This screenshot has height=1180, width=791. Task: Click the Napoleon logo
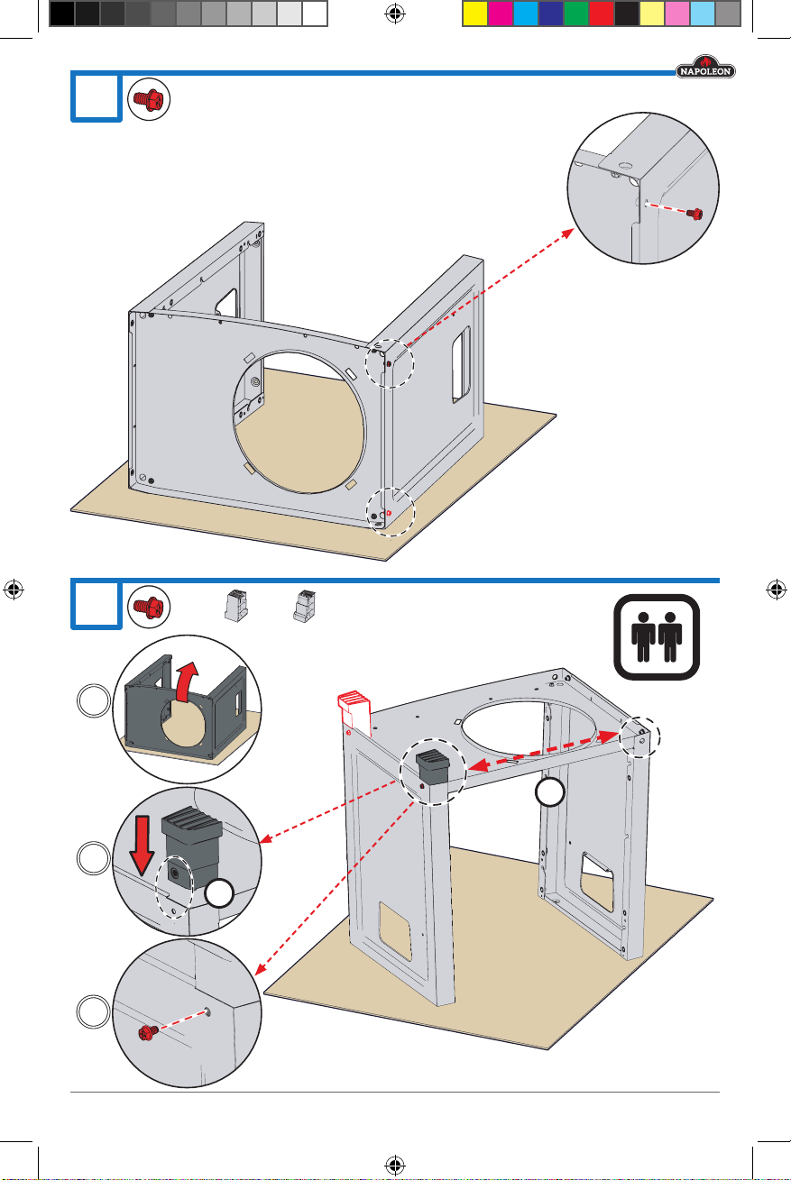(x=705, y=67)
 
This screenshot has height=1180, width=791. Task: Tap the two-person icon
(x=657, y=637)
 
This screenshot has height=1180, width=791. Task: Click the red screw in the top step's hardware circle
(x=148, y=99)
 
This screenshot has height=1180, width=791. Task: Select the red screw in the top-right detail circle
(x=695, y=214)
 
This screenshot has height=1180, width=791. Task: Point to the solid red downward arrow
(x=142, y=846)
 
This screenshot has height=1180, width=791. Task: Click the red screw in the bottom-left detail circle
(x=148, y=1032)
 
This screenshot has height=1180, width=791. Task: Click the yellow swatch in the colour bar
(x=474, y=14)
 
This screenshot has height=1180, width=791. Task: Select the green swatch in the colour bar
(x=576, y=14)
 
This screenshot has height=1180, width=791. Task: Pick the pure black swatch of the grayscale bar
(x=62, y=14)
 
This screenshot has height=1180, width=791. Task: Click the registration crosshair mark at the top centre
(x=395, y=14)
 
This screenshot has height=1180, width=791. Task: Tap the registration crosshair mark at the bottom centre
(x=395, y=1165)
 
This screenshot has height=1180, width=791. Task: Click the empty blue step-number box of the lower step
(x=97, y=604)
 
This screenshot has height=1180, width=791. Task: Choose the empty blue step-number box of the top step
(x=97, y=97)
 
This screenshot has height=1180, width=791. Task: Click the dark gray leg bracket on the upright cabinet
(x=433, y=766)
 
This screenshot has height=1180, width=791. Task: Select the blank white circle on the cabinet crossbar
(x=549, y=791)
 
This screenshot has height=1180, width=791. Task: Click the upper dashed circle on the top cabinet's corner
(x=390, y=363)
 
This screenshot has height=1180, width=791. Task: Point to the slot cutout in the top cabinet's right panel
(x=461, y=364)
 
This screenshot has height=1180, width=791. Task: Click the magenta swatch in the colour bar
(x=500, y=14)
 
